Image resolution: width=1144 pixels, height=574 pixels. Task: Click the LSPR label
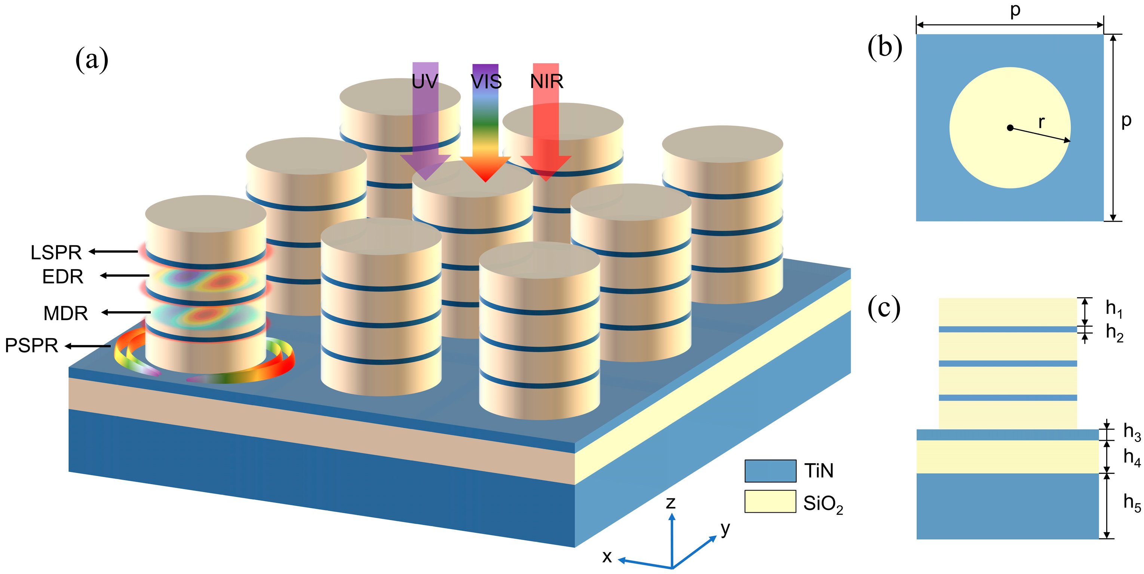[x=56, y=252]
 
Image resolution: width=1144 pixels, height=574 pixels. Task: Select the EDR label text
[x=62, y=277]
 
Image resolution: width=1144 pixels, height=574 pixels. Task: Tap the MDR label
[x=65, y=313]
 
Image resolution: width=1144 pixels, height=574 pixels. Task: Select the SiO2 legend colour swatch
[x=770, y=501]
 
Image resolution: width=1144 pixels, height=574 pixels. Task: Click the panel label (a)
[x=92, y=60]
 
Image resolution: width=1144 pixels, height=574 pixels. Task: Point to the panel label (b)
[x=885, y=47]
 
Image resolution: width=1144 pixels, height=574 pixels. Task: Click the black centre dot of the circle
[x=1010, y=128]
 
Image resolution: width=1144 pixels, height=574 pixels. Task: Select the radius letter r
[x=1041, y=122]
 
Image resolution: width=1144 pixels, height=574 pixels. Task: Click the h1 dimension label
[x=1113, y=309]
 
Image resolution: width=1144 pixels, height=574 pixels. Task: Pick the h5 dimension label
[x=1132, y=503]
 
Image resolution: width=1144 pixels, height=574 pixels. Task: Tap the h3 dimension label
[x=1132, y=432]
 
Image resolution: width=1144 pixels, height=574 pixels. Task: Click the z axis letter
[x=671, y=503]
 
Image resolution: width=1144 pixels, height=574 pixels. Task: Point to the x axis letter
[x=607, y=557]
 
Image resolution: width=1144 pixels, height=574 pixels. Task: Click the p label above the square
[x=1015, y=10]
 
